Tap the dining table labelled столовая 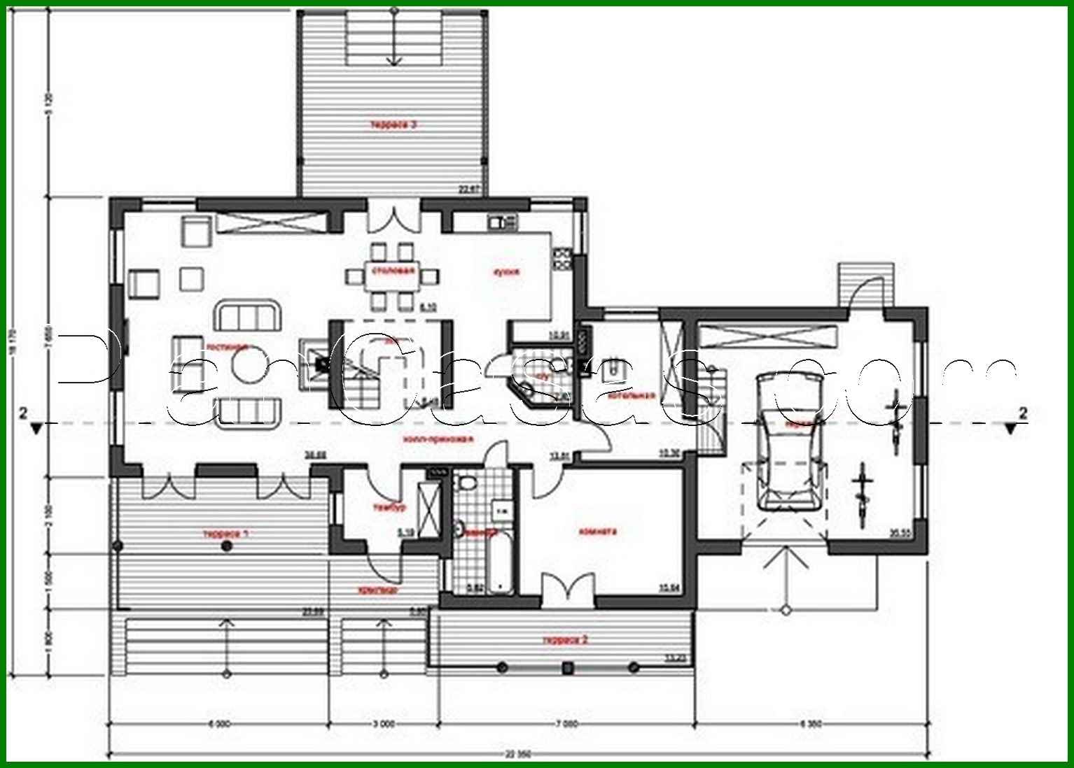click(393, 277)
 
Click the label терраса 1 click(225, 534)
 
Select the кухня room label click(506, 272)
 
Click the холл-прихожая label click(438, 439)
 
